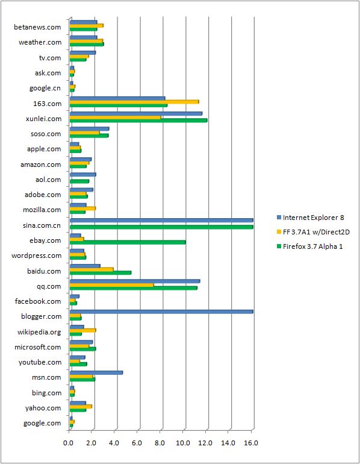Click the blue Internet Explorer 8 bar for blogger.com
click(161, 312)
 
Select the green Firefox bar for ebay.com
click(128, 242)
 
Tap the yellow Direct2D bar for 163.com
click(134, 102)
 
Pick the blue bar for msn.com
click(96, 372)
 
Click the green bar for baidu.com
click(101, 273)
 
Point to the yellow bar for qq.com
click(112, 285)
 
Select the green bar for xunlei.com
click(138, 121)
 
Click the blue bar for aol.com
click(83, 175)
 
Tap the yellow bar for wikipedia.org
click(83, 330)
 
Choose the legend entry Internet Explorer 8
click(311, 218)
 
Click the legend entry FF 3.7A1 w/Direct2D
click(313, 232)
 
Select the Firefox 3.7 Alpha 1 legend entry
click(310, 246)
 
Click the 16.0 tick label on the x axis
click(252, 443)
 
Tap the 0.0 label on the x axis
click(69, 443)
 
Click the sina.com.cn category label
click(42, 225)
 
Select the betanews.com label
click(37, 27)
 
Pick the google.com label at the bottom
click(42, 424)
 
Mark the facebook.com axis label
click(38, 301)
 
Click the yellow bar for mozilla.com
click(83, 208)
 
